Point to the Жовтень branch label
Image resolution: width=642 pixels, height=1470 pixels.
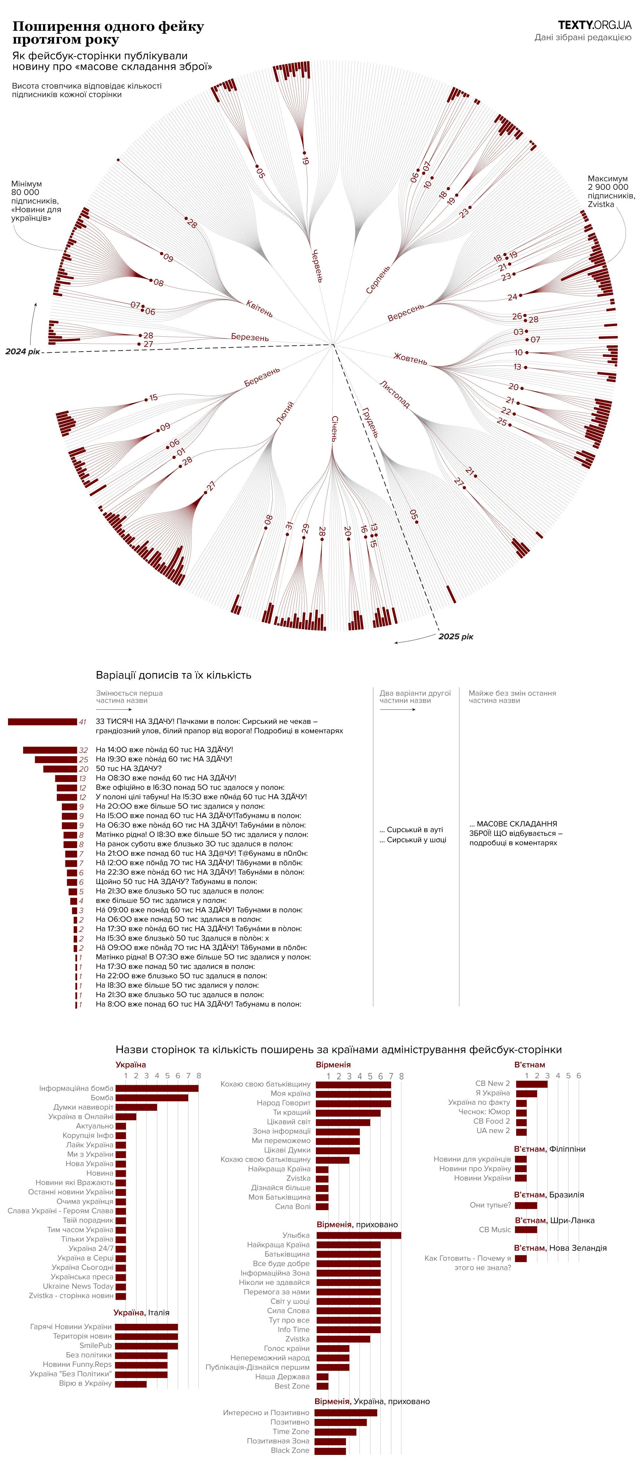(x=410, y=359)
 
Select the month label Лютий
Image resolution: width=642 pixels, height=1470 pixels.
(x=285, y=412)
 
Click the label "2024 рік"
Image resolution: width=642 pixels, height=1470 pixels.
(x=23, y=351)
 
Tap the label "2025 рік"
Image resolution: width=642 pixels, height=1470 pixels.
(x=455, y=636)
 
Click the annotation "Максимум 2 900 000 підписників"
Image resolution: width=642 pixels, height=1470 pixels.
(x=611, y=191)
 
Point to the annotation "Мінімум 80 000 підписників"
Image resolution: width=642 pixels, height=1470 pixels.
(x=35, y=201)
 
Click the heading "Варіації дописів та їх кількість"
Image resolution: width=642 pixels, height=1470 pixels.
(x=173, y=675)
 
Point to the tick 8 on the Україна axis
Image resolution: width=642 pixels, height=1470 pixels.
(x=198, y=1076)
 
